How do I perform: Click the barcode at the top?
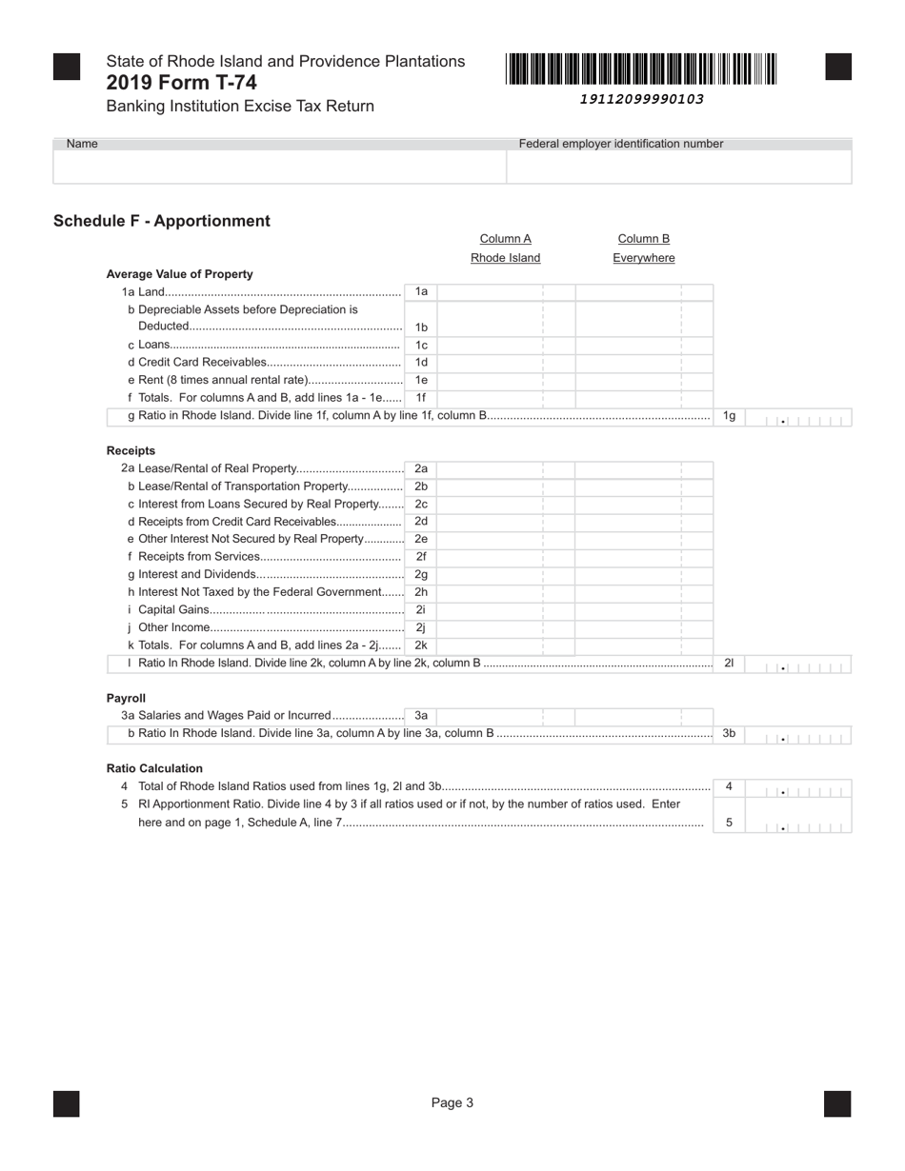(642, 69)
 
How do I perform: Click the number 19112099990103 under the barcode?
(642, 99)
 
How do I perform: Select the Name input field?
(279, 167)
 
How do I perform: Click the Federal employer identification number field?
(678, 167)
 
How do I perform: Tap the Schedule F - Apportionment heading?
(162, 221)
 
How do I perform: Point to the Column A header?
(505, 239)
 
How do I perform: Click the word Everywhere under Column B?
(644, 258)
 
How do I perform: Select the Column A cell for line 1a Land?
(506, 292)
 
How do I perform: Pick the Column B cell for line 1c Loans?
(644, 345)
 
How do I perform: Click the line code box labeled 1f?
(421, 397)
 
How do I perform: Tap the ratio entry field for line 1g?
(798, 417)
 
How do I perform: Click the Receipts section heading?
(131, 450)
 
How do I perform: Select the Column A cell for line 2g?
(506, 574)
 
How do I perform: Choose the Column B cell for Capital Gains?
(644, 609)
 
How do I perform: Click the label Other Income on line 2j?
(173, 627)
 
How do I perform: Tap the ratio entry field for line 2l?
(798, 664)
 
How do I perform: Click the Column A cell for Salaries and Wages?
(506, 716)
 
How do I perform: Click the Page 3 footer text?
(452, 1103)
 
